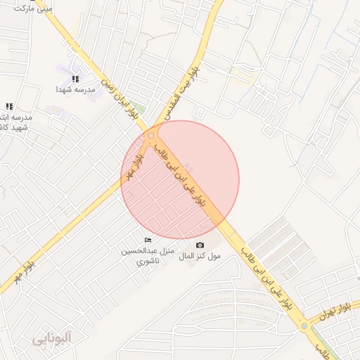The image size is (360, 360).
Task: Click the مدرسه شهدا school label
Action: click(75, 90)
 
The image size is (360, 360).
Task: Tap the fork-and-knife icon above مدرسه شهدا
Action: click(75, 79)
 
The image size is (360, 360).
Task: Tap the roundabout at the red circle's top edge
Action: click(151, 135)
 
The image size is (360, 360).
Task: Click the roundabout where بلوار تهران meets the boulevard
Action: click(304, 326)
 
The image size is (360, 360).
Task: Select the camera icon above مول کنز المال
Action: click(200, 245)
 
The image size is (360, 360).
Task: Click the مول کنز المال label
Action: click(200, 256)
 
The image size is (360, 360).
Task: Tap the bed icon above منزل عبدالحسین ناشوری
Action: click(147, 239)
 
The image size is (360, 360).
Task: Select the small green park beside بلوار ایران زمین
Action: click(140, 110)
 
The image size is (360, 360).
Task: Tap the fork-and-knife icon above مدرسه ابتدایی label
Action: click(9, 105)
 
